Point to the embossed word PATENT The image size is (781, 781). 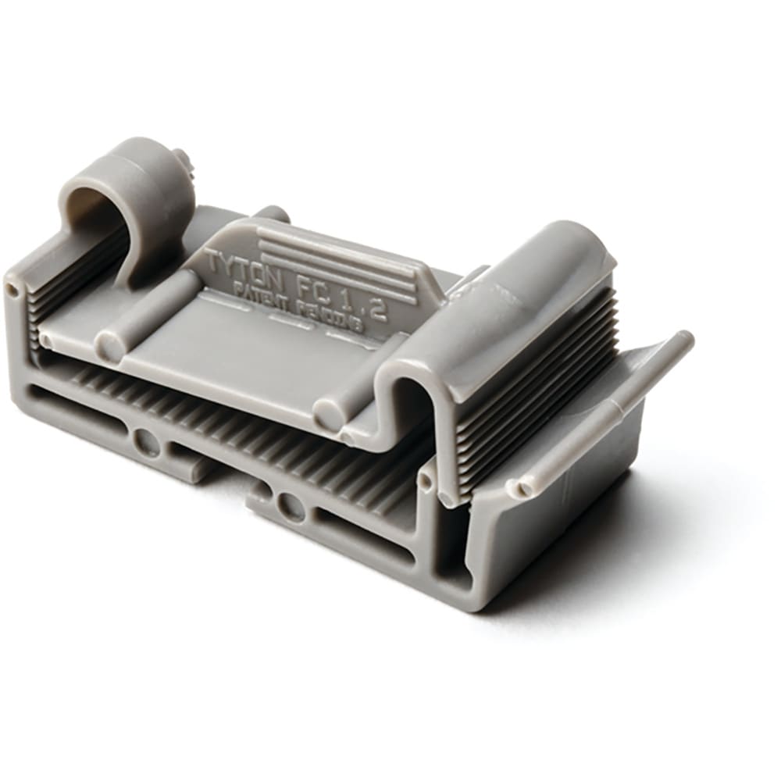pos(263,294)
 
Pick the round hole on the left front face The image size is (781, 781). pos(146,443)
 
